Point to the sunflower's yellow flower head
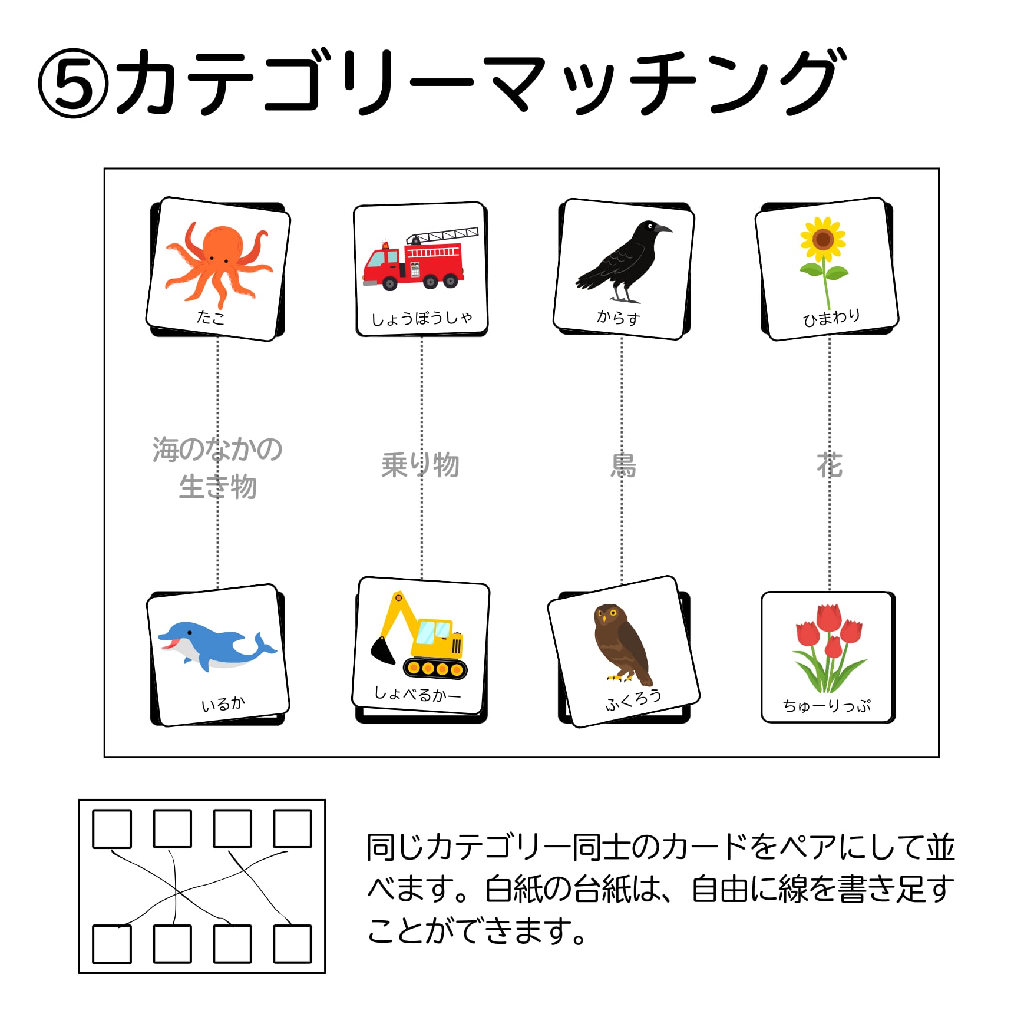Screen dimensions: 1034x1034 [x=822, y=239]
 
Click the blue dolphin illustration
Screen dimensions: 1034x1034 [x=216, y=645]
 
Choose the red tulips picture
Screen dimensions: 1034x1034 [x=828, y=648]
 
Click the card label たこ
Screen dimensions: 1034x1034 [x=210, y=318]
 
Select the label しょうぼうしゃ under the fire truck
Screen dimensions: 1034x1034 [x=421, y=319]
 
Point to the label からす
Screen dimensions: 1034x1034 [x=618, y=318]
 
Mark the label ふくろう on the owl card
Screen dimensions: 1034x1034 [x=633, y=700]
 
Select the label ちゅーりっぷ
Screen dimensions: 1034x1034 [x=827, y=705]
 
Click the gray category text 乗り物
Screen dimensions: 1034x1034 [x=419, y=465]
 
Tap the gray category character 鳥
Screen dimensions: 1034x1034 [x=623, y=465]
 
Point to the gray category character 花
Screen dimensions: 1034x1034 [x=830, y=465]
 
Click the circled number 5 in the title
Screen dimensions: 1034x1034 [x=73, y=83]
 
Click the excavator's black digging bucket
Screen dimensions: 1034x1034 [x=384, y=650]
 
